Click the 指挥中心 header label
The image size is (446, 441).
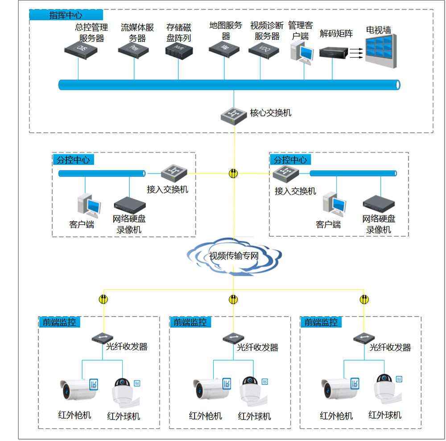coord(66,15)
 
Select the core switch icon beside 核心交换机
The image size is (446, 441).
coord(234,115)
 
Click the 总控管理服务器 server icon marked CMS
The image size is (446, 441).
coord(81,48)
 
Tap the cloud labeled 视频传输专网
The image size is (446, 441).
coord(234,258)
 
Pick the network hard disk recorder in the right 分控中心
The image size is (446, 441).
coord(379,203)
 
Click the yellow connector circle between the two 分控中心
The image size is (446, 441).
coord(233,173)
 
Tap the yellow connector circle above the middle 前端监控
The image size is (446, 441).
coord(233,299)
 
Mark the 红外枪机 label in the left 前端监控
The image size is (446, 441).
coord(74,415)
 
